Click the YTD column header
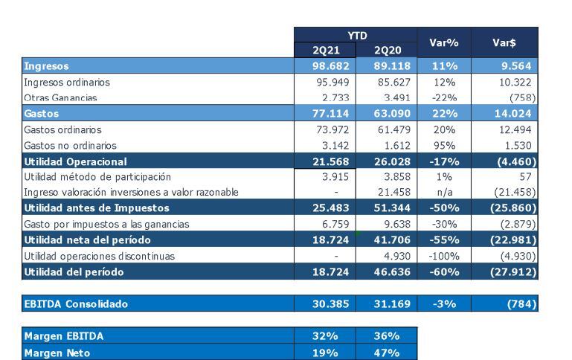pos(356,35)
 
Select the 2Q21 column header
pos(324,51)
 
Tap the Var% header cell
pos(443,43)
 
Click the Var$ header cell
pos(504,43)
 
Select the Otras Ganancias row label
pos(60,97)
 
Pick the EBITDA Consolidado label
pos(76,303)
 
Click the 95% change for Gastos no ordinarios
pos(444,146)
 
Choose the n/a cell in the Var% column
pos(444,193)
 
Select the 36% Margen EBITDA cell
pos(386,336)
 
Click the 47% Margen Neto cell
pos(386,353)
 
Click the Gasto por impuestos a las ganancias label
pos(106,224)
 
